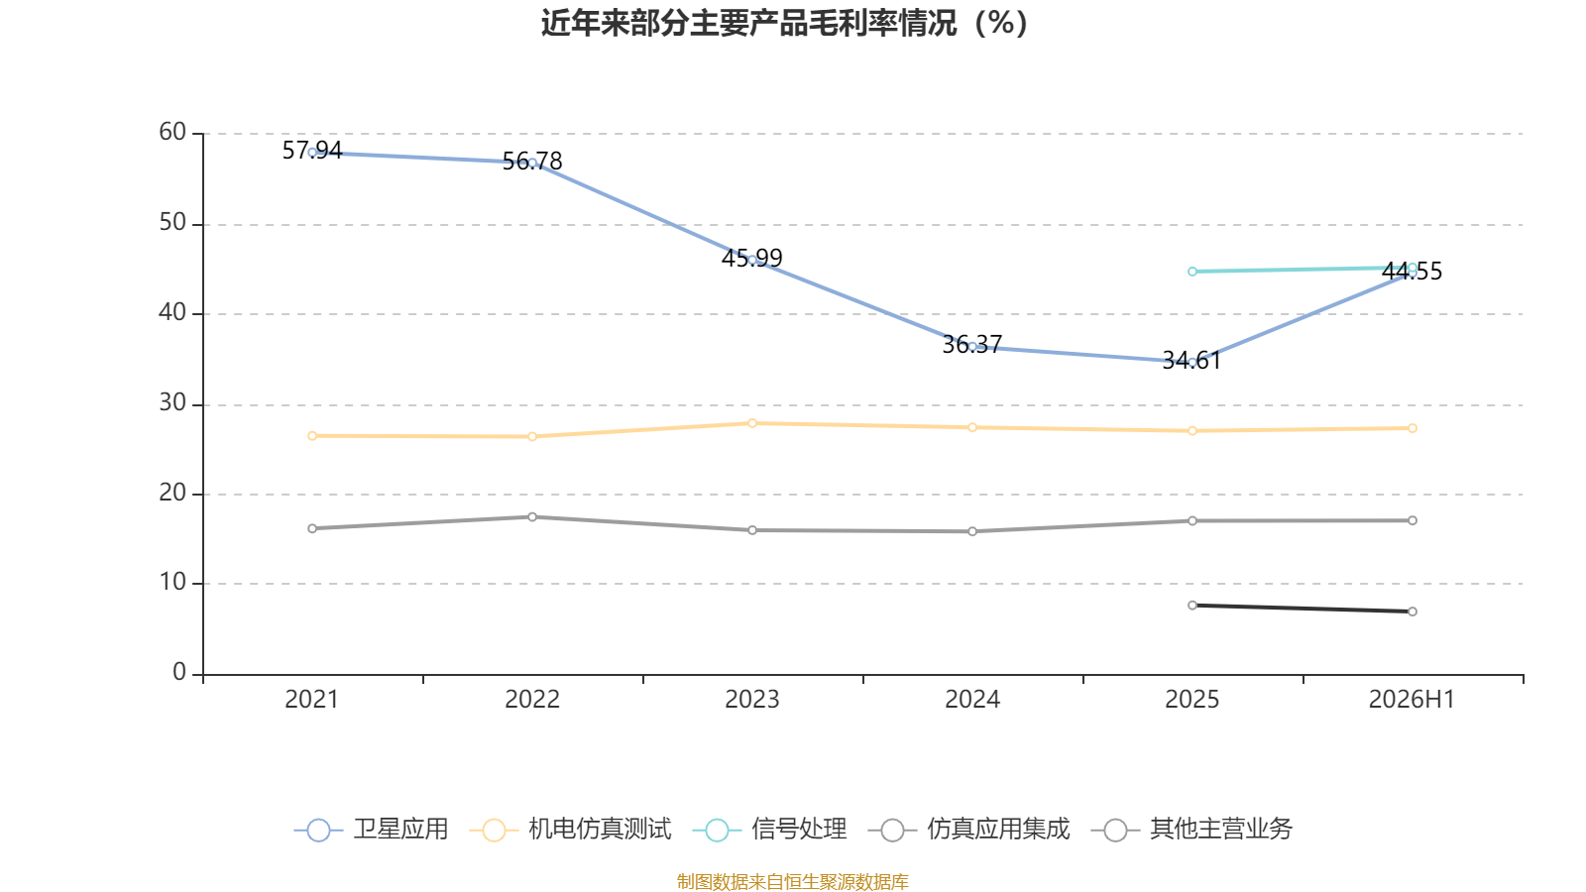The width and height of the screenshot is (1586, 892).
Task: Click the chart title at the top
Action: coord(784,24)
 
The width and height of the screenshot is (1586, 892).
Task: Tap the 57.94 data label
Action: coord(312,150)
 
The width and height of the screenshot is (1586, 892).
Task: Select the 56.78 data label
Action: coord(532,162)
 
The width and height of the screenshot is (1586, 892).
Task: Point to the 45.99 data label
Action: coord(752,259)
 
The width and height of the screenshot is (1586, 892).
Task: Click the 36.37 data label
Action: coord(972,345)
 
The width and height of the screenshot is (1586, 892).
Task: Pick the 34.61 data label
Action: coord(1191,361)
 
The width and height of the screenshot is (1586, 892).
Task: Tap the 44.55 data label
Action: coord(1412,272)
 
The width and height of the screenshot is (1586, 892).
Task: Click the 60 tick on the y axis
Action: coord(172,133)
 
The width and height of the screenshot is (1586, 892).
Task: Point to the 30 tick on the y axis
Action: coord(172,403)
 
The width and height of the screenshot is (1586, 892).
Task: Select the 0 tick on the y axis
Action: coord(179,673)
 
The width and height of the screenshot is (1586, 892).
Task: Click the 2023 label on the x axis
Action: coord(752,700)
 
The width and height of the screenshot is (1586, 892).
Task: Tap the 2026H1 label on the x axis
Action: coord(1412,700)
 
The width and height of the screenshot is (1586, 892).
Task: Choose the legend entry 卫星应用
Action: coord(371,829)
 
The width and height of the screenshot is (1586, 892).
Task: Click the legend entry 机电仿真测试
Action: coord(571,829)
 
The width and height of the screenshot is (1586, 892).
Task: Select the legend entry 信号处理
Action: coord(769,829)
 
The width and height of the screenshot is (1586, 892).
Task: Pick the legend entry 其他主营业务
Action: coord(1192,829)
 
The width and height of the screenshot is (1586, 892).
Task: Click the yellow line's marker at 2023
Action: coord(752,423)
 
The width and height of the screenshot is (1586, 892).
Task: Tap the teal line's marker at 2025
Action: coord(1192,272)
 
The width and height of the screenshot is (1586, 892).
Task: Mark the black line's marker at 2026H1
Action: coord(1412,612)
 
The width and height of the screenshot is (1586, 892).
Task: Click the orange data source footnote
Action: coord(792,881)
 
